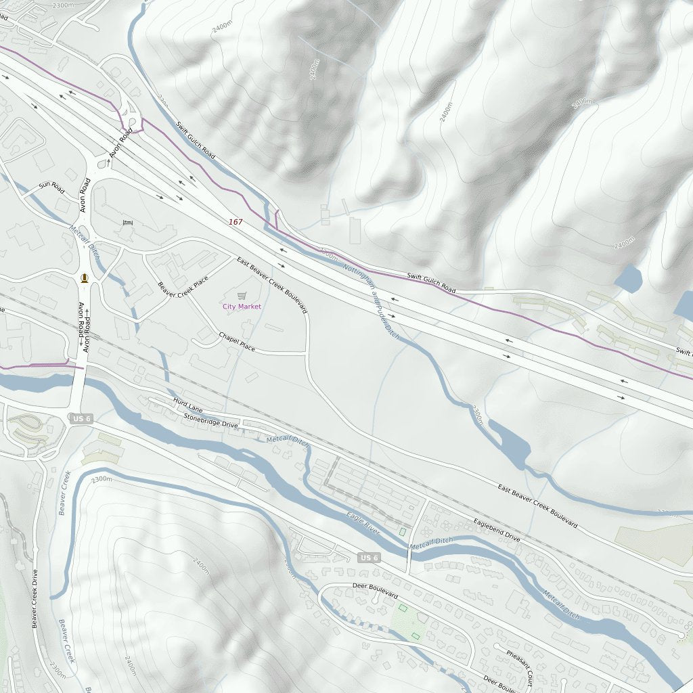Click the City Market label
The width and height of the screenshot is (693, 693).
pyautogui.click(x=242, y=307)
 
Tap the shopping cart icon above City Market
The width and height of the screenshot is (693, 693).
pyautogui.click(x=242, y=295)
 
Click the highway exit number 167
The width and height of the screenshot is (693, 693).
pyautogui.click(x=235, y=222)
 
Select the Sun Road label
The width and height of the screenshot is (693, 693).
pyautogui.click(x=51, y=187)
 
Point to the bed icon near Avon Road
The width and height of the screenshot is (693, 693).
pyautogui.click(x=127, y=223)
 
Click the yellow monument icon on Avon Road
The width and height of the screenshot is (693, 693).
pyautogui.click(x=85, y=277)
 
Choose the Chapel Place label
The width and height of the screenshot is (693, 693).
pyautogui.click(x=237, y=341)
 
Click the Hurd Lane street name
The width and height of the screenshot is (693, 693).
pyautogui.click(x=187, y=405)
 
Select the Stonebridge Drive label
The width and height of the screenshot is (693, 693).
pyautogui.click(x=210, y=420)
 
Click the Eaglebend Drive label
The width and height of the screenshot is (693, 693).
pyautogui.click(x=496, y=530)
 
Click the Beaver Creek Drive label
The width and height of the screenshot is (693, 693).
pyautogui.click(x=35, y=599)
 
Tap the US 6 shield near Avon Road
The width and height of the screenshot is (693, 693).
pyautogui.click(x=80, y=420)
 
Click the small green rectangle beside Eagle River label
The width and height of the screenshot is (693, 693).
pyautogui.click(x=403, y=532)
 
